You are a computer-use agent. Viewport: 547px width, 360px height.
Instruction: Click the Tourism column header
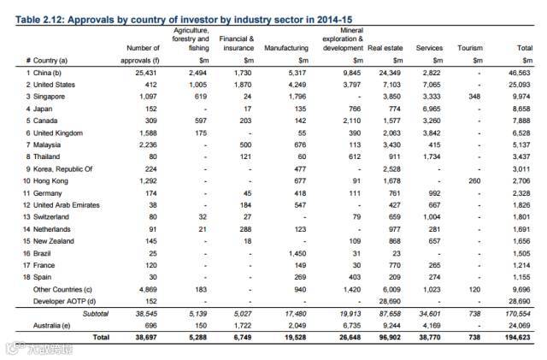pos(470,49)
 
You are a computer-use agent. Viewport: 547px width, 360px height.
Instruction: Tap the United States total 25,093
pos(519,86)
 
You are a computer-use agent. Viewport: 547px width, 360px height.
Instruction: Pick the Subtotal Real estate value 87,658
pos(388,315)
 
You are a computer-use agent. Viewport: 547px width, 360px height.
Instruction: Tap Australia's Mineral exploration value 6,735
pos(344,327)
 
